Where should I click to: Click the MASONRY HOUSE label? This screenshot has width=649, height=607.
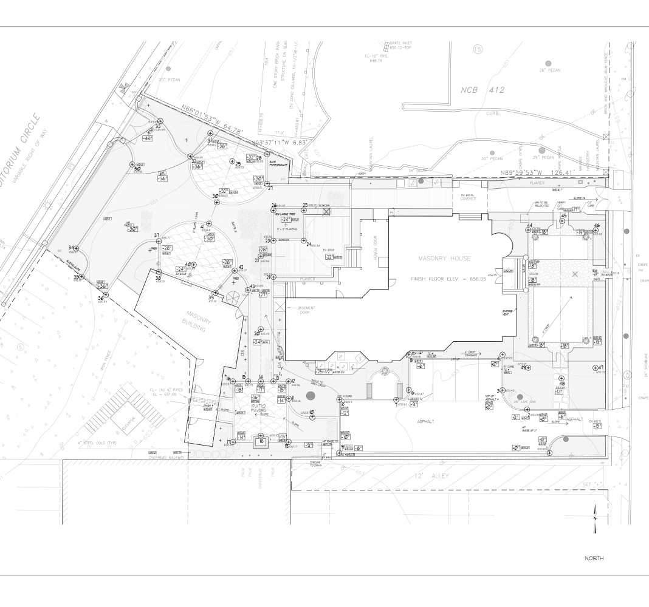pos(444,259)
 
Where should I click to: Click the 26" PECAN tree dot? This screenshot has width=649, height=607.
pos(549,63)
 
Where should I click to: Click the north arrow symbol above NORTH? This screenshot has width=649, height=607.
pos(594,518)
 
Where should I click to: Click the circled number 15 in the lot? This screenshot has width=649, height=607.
pos(478,48)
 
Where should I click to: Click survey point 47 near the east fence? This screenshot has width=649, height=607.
pos(596,368)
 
